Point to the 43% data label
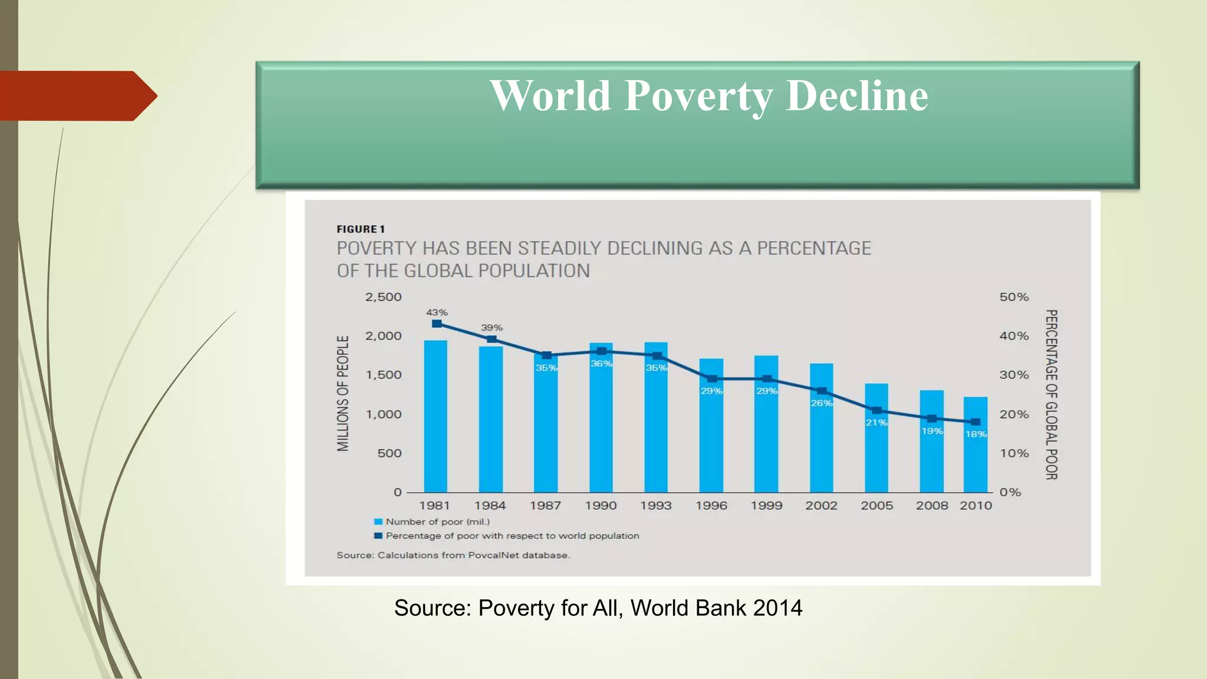click(437, 312)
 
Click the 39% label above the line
click(492, 328)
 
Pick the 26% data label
click(822, 403)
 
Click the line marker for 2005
click(876, 410)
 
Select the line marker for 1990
click(601, 351)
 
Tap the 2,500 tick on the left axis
click(383, 297)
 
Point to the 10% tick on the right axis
click(1014, 453)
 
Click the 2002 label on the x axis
click(821, 506)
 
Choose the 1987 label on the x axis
click(545, 506)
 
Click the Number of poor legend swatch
click(378, 522)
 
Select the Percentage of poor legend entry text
click(512, 536)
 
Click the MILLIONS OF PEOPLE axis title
click(343, 393)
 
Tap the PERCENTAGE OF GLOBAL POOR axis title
click(1051, 394)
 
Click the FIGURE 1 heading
click(360, 229)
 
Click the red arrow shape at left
click(77, 95)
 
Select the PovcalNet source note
click(453, 555)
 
